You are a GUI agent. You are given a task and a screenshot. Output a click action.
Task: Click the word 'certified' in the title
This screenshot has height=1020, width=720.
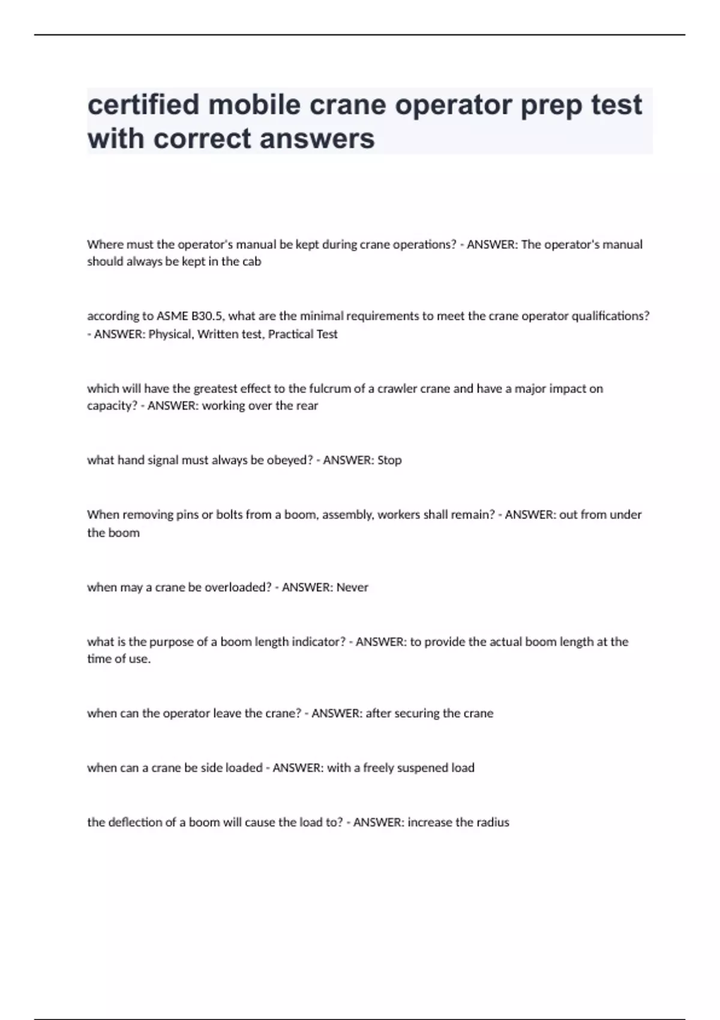[142, 104]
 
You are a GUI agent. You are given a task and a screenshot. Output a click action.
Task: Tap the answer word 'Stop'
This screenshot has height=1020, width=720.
[389, 460]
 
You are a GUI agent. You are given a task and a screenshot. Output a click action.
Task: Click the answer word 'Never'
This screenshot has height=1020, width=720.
[352, 587]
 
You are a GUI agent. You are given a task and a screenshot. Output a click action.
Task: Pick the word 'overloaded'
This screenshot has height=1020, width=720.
[238, 587]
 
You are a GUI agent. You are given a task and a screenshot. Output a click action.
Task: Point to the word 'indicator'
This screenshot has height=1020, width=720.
[318, 642]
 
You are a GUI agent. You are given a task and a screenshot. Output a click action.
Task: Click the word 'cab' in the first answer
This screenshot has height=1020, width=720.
[252, 262]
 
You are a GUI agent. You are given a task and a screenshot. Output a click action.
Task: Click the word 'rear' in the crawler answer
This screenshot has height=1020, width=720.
[307, 406]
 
